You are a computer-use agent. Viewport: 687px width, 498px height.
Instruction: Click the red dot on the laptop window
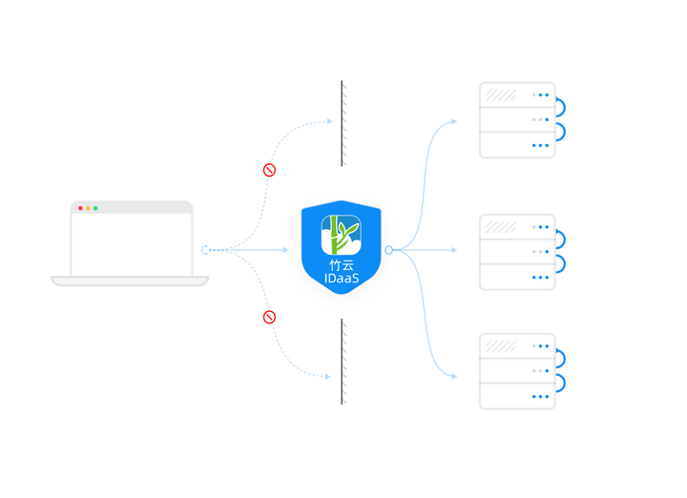tap(81, 208)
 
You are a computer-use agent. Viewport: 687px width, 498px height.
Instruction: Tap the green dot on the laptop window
tap(95, 208)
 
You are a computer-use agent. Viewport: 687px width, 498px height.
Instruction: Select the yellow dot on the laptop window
tap(88, 208)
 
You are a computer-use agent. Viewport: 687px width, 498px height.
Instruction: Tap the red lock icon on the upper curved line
tap(269, 170)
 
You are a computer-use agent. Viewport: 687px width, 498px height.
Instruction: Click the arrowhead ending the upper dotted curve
tap(330, 122)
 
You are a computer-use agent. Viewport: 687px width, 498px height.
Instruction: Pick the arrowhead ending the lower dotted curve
tap(329, 376)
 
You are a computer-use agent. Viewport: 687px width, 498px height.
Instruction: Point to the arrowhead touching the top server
tap(457, 122)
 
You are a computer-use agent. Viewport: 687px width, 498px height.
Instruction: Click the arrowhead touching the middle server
tap(455, 250)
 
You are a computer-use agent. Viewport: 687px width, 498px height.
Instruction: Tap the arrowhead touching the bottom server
tap(457, 376)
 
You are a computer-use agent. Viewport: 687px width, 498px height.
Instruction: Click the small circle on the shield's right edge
tap(388, 250)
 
